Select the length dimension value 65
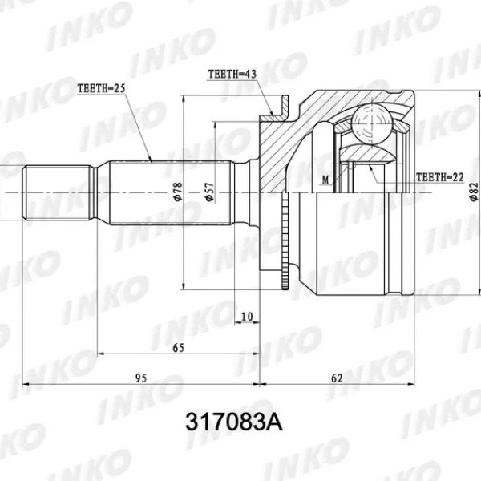[x=178, y=347]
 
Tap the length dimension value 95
[x=141, y=378]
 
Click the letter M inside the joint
[x=325, y=179]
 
